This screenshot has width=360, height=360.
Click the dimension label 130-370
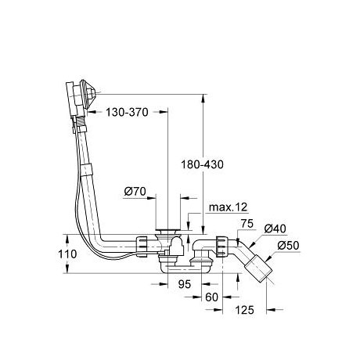tap(127, 112)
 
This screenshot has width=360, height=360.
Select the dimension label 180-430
tap(203, 164)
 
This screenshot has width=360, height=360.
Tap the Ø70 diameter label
tap(135, 192)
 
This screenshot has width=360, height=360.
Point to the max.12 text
tap(228, 207)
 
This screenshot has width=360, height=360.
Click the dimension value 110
tap(67, 254)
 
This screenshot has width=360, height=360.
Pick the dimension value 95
tap(185, 284)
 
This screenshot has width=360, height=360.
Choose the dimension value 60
tap(211, 297)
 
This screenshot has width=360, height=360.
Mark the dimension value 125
tap(244, 310)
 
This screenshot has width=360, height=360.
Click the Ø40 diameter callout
tap(275, 229)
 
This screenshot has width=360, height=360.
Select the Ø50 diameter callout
tap(288, 246)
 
